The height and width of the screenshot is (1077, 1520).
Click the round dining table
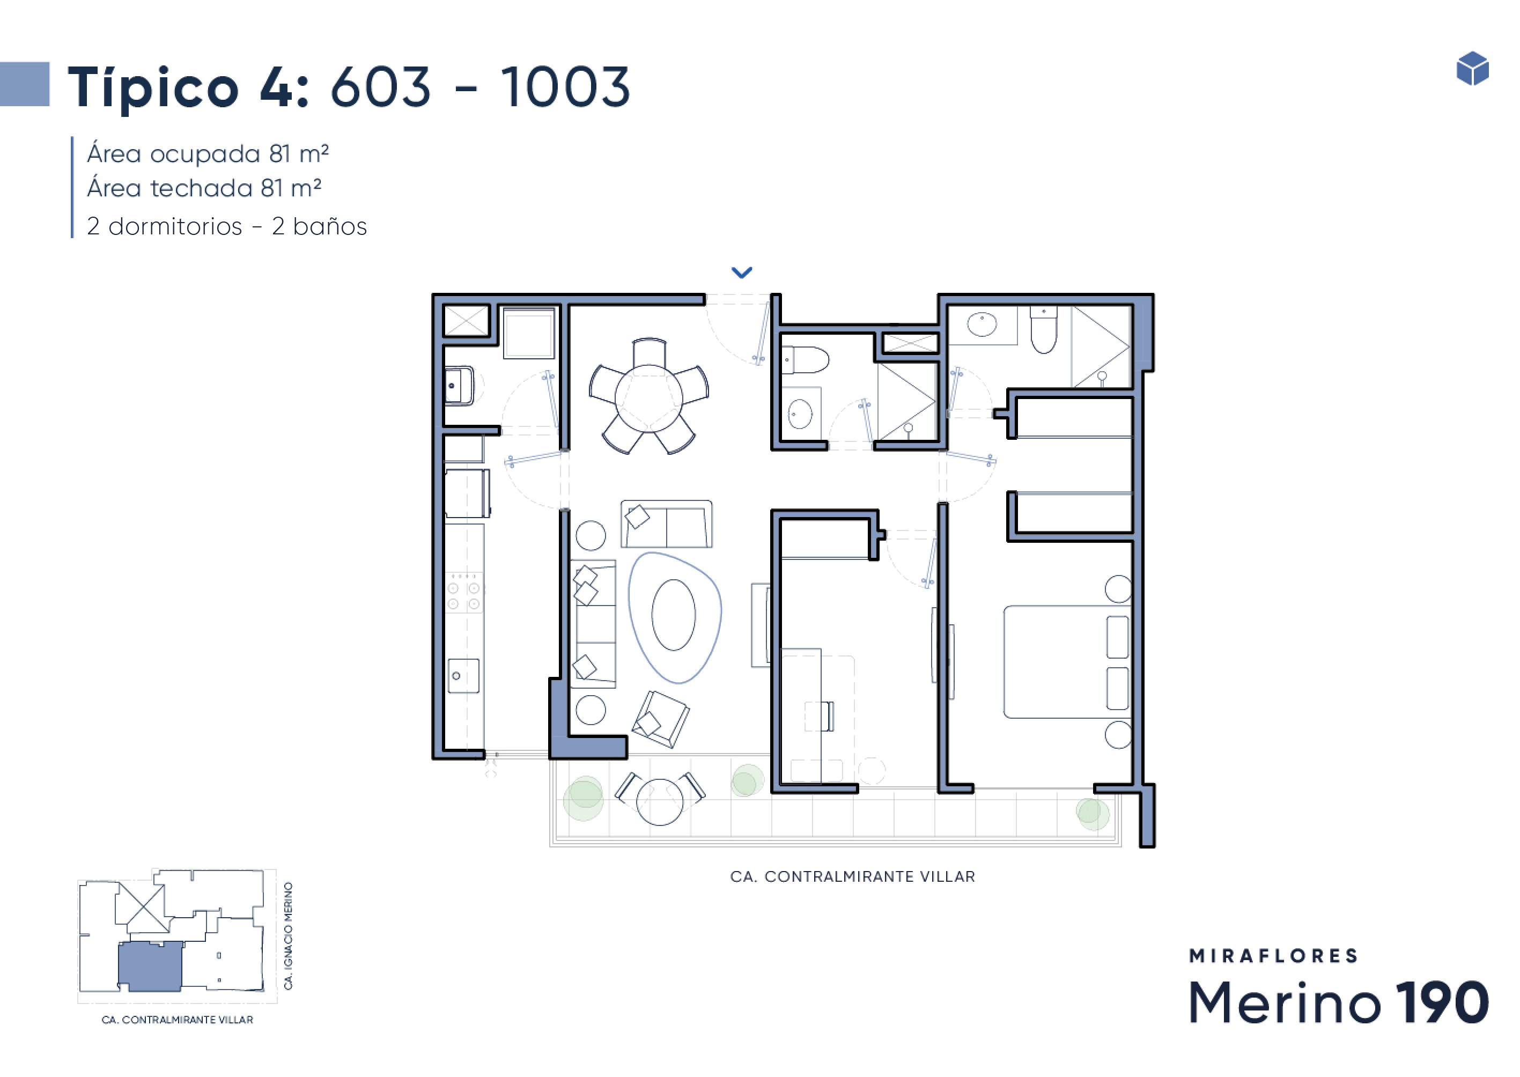[x=648, y=398]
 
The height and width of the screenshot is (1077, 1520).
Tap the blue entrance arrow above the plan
[x=741, y=272]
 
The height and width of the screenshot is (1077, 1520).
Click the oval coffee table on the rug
[x=673, y=615]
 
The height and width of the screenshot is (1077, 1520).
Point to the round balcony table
[x=659, y=801]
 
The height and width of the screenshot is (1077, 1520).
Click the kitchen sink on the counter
[x=463, y=676]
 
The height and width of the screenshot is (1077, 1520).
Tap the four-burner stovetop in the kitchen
[x=463, y=595]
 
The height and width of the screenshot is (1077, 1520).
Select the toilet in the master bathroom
[x=1044, y=330]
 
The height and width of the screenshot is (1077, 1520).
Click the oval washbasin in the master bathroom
[x=982, y=325]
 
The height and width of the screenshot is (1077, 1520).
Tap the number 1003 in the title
[x=565, y=87]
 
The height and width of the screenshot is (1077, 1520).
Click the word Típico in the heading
[x=154, y=88]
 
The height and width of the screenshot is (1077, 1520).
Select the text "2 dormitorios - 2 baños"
[x=227, y=227]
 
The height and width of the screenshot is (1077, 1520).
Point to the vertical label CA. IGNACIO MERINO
[x=288, y=936]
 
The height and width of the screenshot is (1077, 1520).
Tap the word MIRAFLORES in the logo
[x=1273, y=956]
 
